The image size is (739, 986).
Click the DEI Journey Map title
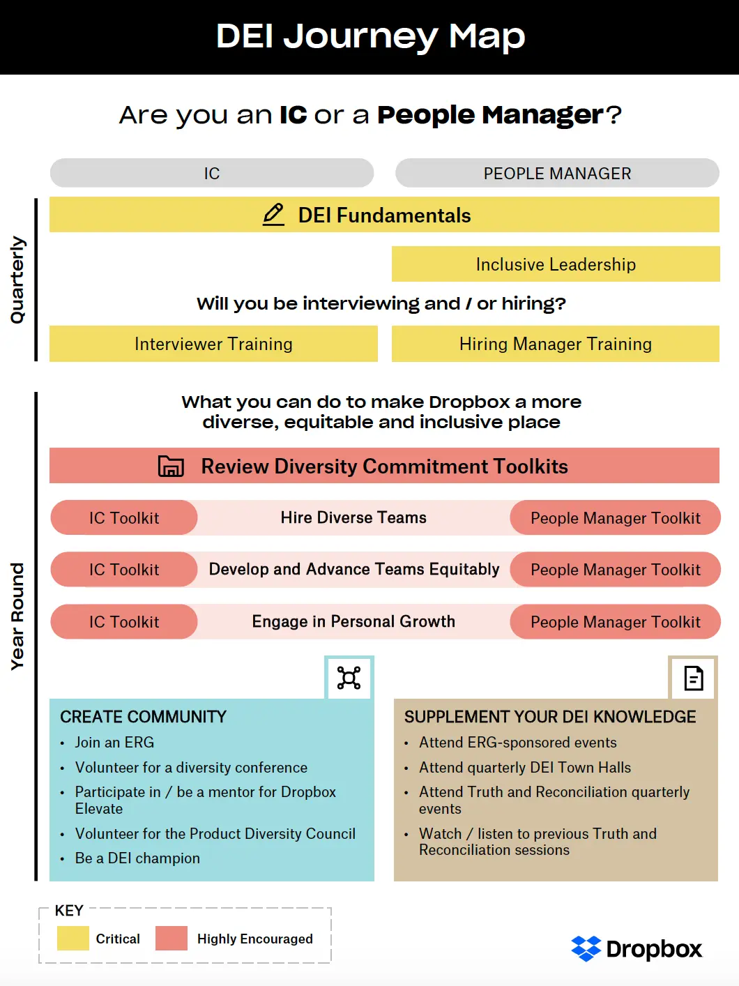pos(370,36)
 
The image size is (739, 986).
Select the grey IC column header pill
pos(212,174)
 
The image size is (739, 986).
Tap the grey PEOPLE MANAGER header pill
pos(557,174)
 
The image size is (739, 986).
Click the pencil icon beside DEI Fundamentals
pos(273,215)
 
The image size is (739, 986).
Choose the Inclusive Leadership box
pos(556,264)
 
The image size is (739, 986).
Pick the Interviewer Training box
pos(213,344)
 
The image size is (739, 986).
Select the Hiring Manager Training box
pos(556,344)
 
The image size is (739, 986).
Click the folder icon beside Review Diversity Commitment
pos(171,466)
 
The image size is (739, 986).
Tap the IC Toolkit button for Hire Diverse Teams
pos(124,518)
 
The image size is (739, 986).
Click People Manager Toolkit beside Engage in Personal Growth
pos(615,622)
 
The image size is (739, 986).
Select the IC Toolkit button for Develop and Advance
pos(124,570)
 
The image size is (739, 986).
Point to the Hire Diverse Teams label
pos(353,518)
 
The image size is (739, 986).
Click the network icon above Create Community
pos(349,678)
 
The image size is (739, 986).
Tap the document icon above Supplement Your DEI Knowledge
pos(693,678)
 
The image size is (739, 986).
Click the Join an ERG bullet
pos(114,743)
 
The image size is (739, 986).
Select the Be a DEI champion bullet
pos(137,858)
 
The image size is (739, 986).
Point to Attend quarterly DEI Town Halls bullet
pos(524,768)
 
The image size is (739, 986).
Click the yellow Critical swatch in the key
pos(73,939)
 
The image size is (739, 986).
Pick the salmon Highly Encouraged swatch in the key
pos(172,939)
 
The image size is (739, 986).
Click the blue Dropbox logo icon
pos(586,948)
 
